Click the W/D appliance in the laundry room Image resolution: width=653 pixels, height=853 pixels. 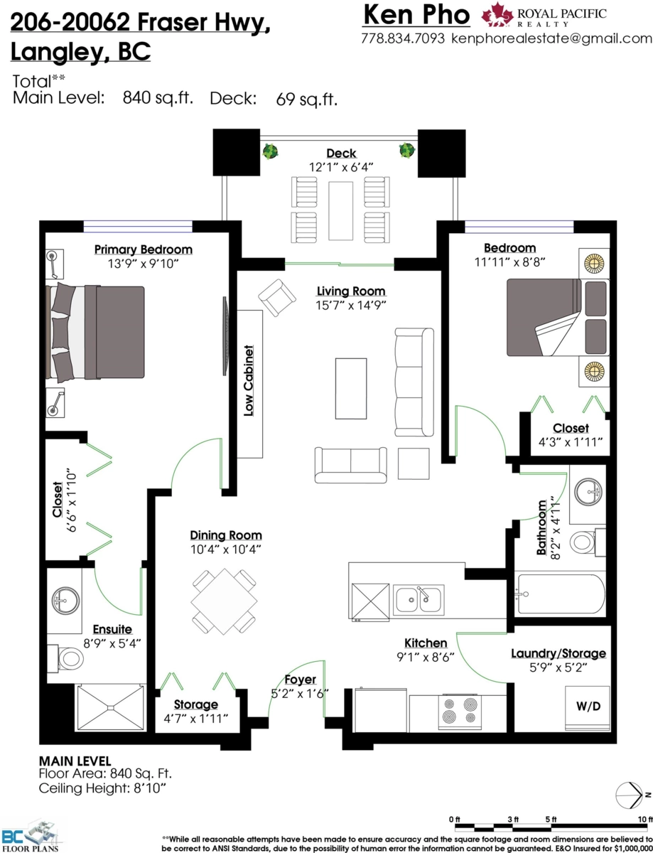(587, 709)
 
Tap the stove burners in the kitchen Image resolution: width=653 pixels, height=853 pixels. (460, 711)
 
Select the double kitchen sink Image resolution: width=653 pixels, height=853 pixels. (419, 600)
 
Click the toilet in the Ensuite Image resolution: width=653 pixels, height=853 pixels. (65, 657)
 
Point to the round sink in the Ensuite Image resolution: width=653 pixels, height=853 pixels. (65, 601)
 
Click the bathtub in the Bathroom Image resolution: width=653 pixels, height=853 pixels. (560, 594)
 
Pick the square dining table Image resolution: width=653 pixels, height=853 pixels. (224, 601)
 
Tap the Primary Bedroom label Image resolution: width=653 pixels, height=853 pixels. (143, 250)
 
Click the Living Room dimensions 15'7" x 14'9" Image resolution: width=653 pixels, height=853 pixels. (351, 305)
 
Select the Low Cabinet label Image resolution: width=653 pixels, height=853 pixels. (249, 380)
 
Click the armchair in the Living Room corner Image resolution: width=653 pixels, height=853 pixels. (277, 298)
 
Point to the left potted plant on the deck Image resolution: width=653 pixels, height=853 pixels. (270, 151)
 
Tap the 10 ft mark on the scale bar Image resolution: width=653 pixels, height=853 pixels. (645, 820)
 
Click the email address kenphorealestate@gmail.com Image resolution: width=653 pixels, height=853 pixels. (552, 38)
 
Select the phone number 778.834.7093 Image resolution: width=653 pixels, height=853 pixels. (403, 38)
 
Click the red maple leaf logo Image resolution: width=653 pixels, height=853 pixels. (497, 14)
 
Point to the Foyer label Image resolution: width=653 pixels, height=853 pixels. (300, 680)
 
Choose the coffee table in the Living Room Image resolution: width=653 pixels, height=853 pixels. (350, 389)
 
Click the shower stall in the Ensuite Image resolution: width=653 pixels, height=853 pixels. (111, 708)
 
